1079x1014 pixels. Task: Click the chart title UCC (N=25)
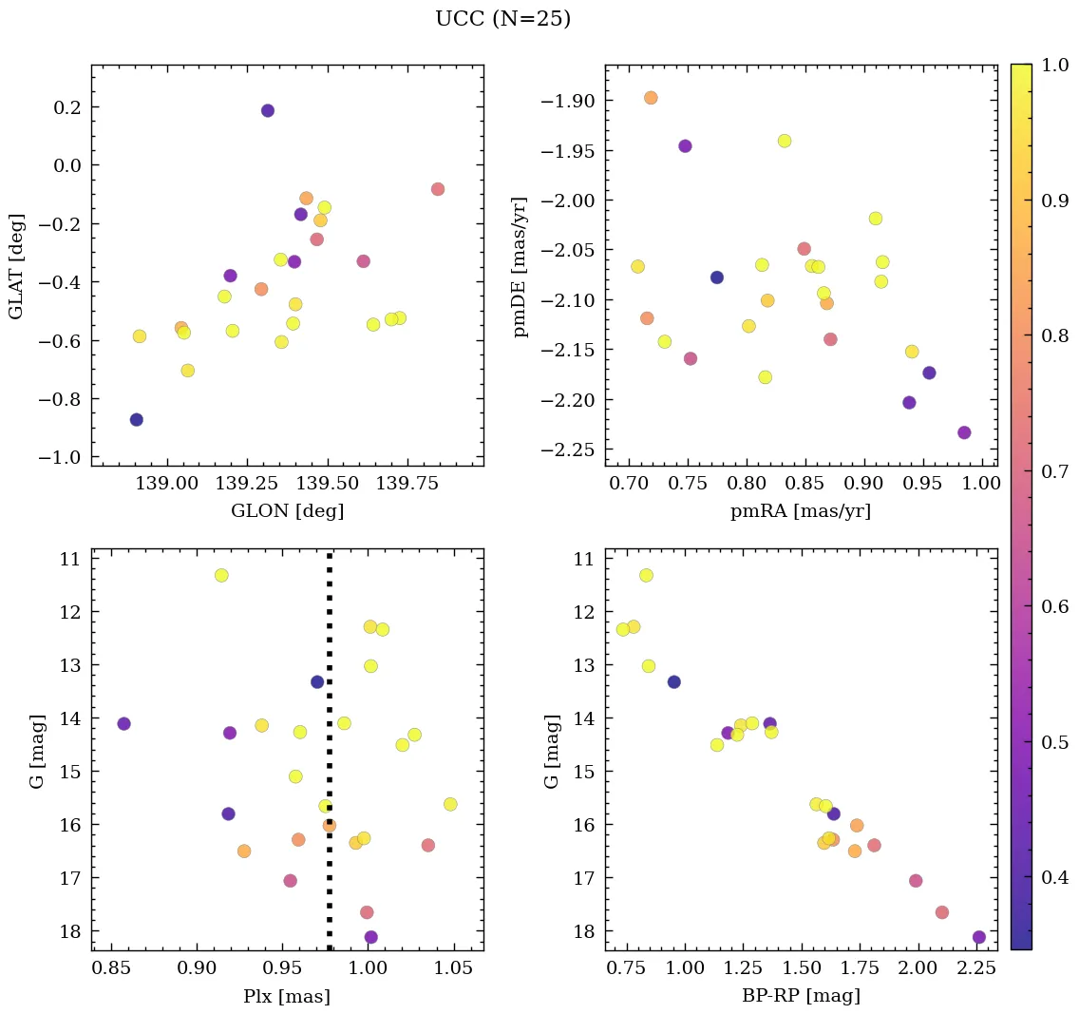(502, 19)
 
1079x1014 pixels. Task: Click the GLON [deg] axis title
(287, 511)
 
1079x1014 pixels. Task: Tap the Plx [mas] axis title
(287, 996)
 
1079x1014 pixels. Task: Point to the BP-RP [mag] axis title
(801, 996)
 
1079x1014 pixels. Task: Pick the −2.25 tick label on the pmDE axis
(570, 449)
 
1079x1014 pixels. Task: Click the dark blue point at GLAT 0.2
(268, 110)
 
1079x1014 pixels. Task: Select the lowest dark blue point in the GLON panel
(137, 420)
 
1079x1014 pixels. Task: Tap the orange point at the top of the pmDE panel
(651, 98)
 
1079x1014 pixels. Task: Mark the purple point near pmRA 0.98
(964, 432)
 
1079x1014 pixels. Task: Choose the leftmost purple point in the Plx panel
(123, 724)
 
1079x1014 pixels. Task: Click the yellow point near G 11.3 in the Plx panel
(221, 575)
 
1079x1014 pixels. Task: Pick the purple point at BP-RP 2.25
(979, 937)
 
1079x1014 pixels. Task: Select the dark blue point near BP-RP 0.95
(674, 681)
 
